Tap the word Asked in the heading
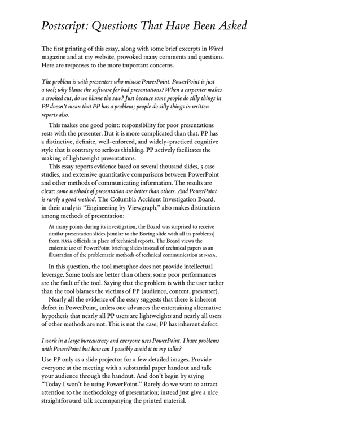click(226, 26)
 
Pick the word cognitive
click(206, 141)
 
